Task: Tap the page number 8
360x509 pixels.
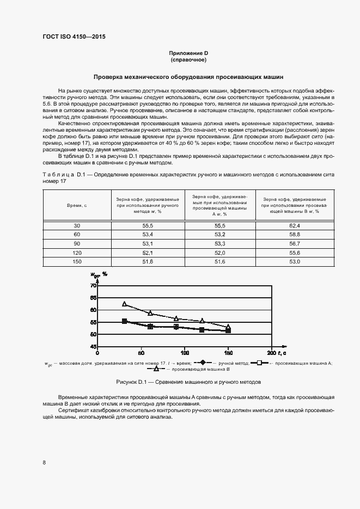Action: (x=44, y=463)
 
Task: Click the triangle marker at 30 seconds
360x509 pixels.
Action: (x=125, y=304)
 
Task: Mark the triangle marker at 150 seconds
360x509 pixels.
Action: (x=228, y=327)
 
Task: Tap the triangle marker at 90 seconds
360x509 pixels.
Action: (x=176, y=318)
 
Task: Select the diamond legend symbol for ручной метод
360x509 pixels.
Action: (x=202, y=362)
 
